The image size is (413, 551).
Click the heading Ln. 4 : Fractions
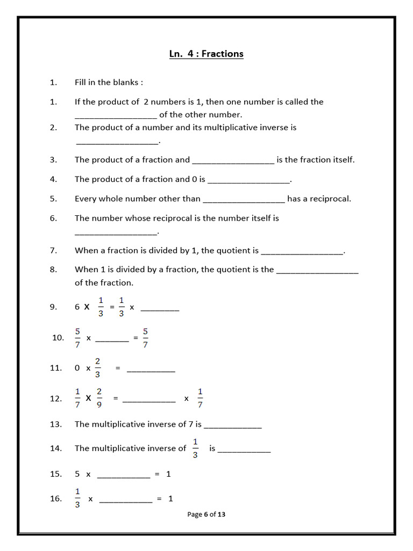pos(206,54)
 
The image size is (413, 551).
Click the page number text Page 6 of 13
pos(206,514)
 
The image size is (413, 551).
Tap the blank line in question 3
pos(233,160)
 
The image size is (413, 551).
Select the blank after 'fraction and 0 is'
pos(248,180)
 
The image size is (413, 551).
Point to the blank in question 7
pos(301,251)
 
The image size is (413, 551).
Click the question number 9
pos(53,307)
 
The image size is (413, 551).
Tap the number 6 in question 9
pos(77,307)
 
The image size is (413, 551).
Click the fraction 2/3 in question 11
pos(98,368)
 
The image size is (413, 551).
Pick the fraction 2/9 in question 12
pos(99,398)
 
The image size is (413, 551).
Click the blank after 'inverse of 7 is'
pos(233,425)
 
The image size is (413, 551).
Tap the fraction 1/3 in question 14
pos(195,448)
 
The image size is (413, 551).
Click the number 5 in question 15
pos(77,474)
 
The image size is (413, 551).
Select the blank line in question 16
pos(126,500)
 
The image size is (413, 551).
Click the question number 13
pos(56,424)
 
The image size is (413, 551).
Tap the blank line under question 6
pos(116,232)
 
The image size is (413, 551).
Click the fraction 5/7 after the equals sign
pos(145,337)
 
